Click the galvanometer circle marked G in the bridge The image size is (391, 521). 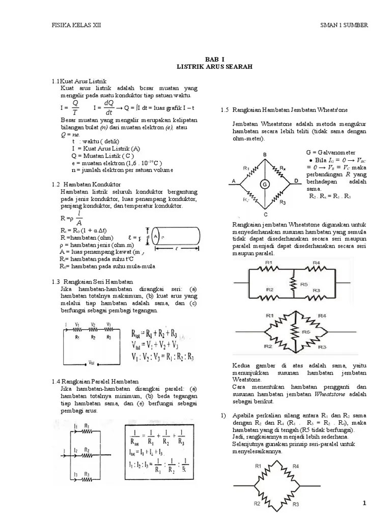tap(265, 184)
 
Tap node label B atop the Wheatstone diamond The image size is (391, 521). tap(265, 154)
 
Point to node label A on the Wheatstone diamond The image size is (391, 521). tap(233, 181)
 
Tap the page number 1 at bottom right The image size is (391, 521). tap(365, 504)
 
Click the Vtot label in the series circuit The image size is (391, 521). tap(92, 363)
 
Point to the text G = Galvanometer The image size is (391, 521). tap(331, 152)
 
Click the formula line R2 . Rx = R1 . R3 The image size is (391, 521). tap(330, 196)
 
